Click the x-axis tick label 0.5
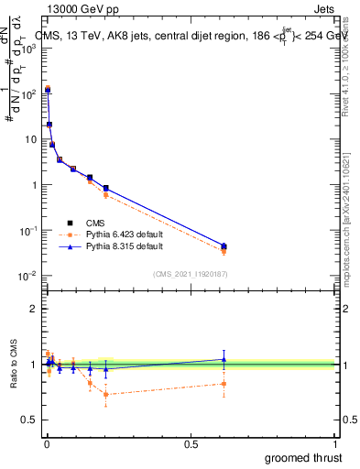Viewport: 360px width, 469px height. point(190,443)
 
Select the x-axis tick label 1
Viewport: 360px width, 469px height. point(335,443)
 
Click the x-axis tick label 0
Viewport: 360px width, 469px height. point(45,443)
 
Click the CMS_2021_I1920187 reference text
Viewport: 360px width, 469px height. point(189,274)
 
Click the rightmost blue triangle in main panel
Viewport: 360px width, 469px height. point(224,245)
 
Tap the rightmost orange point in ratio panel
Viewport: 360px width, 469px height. point(224,384)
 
